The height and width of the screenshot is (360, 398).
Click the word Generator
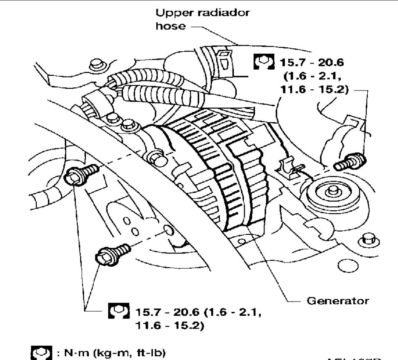pos(337,301)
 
